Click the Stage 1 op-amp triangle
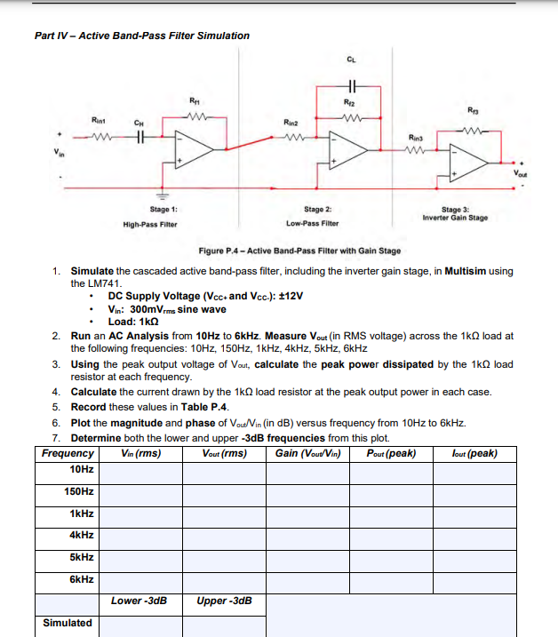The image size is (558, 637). [x=190, y=147]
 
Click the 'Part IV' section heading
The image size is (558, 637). [x=142, y=36]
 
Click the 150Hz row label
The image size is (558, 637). [x=79, y=491]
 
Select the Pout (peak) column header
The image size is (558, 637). [x=392, y=454]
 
